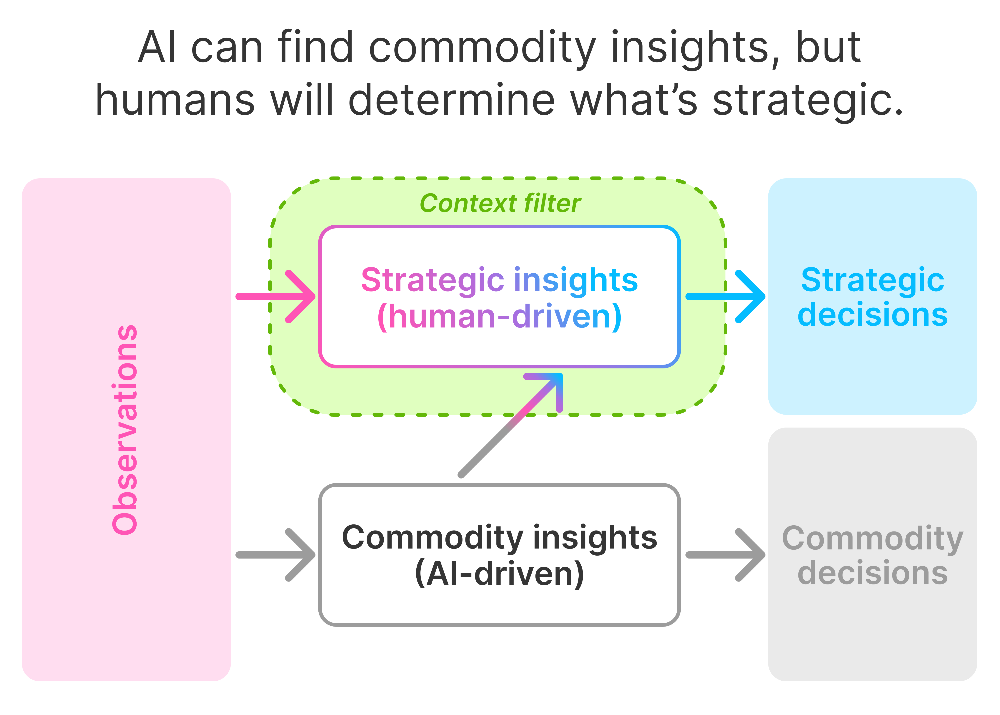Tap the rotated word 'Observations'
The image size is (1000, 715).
(x=125, y=430)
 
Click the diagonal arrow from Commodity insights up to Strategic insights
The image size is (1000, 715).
(x=510, y=425)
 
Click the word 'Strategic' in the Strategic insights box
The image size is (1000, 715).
(x=432, y=280)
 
